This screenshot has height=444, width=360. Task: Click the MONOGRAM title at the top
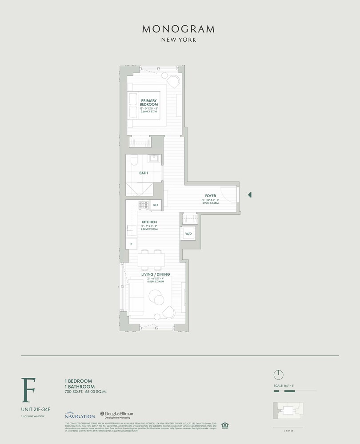(x=178, y=29)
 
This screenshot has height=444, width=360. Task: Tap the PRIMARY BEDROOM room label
(x=147, y=102)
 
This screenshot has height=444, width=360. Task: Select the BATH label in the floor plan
(x=144, y=173)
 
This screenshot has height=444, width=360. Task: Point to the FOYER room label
(x=210, y=195)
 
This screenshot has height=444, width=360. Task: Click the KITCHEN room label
(x=149, y=222)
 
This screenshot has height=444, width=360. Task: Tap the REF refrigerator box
(x=156, y=205)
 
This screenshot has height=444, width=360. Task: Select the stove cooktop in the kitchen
(x=144, y=205)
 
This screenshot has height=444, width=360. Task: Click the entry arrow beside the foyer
(x=250, y=194)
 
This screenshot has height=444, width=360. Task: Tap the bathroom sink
(x=155, y=159)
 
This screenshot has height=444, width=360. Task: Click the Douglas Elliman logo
(x=116, y=415)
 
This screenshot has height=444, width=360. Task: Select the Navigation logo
(x=80, y=415)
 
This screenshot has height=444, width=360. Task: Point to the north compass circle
(x=278, y=375)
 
